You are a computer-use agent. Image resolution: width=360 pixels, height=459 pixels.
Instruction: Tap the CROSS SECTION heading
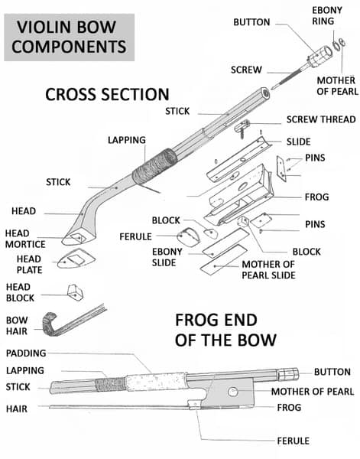point(107,95)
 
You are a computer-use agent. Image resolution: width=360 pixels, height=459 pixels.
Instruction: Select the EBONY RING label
point(327,15)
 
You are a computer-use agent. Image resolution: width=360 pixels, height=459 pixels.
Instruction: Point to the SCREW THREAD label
point(321,119)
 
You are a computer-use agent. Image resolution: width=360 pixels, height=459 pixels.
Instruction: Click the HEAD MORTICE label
point(25,239)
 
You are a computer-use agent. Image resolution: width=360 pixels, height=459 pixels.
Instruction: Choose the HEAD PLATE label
point(29,265)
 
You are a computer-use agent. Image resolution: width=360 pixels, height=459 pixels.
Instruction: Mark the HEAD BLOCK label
point(20,292)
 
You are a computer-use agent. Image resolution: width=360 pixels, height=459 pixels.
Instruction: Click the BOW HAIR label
point(17,326)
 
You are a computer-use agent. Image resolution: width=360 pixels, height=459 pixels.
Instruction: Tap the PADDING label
point(26,353)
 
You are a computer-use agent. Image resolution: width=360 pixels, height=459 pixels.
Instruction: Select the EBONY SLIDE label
point(167,257)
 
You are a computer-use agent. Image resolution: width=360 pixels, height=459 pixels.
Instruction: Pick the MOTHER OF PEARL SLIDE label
point(268,269)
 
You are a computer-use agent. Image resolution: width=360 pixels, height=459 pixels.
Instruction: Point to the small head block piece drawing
point(75,292)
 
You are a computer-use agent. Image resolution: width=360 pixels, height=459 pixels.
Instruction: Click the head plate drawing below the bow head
point(76,259)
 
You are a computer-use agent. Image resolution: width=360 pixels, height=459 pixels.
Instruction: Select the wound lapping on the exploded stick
point(154,167)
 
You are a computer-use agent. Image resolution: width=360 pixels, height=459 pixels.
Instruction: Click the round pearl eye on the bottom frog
point(233,392)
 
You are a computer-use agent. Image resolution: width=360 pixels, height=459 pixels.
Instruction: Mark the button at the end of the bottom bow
point(287,374)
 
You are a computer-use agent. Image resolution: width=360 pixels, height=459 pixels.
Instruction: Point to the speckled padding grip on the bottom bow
point(157,382)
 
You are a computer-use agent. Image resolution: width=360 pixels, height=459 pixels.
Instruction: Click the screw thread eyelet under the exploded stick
point(242,128)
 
